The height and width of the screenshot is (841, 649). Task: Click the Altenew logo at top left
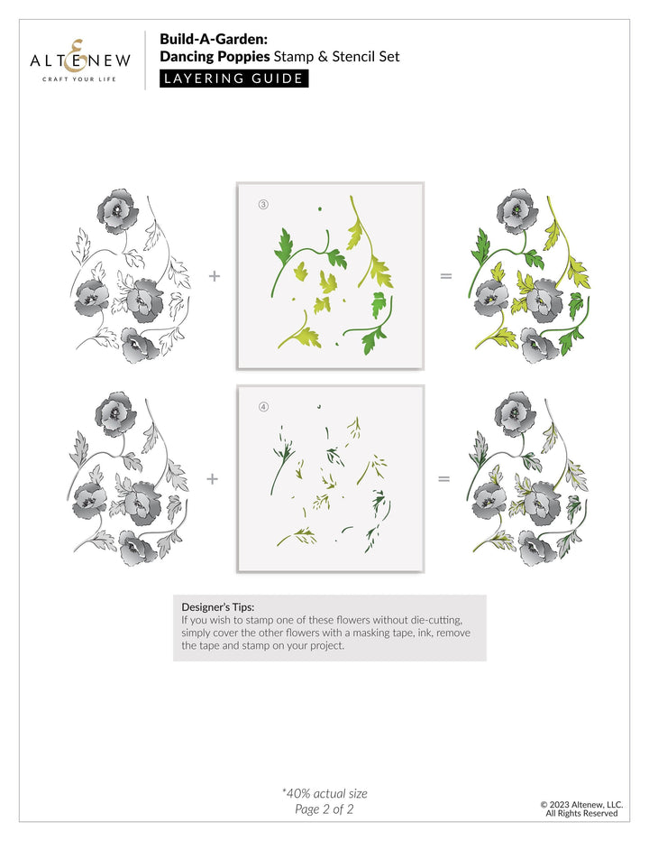(80, 61)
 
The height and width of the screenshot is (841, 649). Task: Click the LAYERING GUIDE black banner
(234, 78)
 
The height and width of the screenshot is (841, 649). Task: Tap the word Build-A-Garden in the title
(206, 40)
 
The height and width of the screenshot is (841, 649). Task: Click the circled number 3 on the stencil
(263, 205)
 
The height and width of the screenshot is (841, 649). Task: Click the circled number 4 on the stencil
(263, 407)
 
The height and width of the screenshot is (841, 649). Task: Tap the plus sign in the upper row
(215, 276)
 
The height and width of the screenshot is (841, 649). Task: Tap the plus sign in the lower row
(213, 478)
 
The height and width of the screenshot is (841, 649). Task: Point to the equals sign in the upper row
(445, 276)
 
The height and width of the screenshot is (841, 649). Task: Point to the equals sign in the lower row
(443, 478)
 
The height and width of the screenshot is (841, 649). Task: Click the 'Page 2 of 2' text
(324, 809)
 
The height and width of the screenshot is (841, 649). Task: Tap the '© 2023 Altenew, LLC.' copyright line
(581, 804)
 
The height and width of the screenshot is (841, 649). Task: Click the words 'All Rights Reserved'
(581, 814)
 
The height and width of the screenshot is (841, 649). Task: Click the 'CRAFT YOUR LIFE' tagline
(80, 79)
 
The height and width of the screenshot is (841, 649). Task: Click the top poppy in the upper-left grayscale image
(118, 209)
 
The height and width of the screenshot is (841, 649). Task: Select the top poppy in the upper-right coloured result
(517, 209)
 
